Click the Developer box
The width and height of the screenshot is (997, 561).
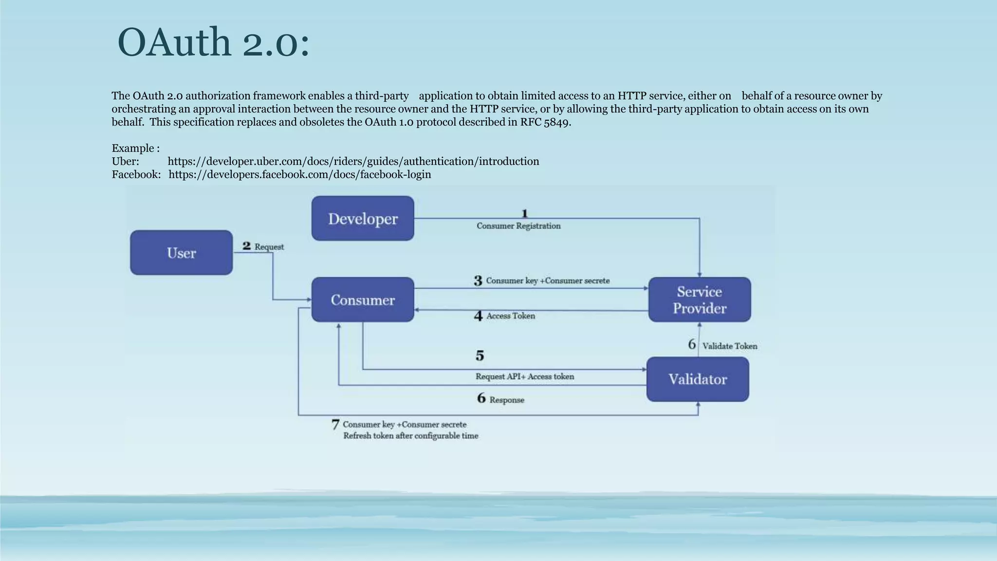363,219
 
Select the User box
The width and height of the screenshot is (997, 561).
181,253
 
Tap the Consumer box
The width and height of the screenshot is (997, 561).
363,300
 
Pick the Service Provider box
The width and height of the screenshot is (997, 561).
699,300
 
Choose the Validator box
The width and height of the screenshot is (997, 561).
697,379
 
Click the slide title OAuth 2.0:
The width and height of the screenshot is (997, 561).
213,43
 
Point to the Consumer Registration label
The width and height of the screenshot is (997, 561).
518,226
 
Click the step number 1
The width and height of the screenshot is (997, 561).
524,213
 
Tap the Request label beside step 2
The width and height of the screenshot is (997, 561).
269,247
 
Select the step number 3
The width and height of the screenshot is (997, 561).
478,281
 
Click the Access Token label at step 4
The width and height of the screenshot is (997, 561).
510,316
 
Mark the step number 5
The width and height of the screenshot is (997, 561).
480,355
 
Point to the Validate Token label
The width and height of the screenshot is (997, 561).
729,346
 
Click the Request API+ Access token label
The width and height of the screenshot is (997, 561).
524,376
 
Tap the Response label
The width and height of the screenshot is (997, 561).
506,400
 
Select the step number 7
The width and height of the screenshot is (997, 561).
335,425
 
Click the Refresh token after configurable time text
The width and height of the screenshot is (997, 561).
410,436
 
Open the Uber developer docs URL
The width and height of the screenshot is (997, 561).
353,161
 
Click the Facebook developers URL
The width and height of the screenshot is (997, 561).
299,174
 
